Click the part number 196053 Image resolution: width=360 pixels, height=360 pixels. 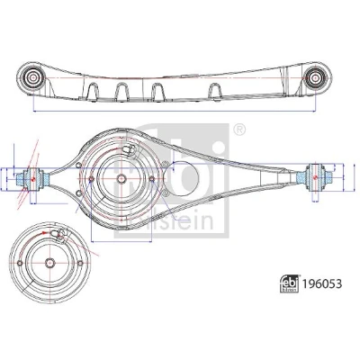(x=322, y=283)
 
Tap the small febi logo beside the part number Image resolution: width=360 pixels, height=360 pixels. (x=290, y=283)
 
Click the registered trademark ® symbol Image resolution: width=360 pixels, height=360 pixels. (x=239, y=130)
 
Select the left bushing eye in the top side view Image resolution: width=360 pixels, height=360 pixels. (x=31, y=78)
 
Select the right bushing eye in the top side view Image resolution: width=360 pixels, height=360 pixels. (x=315, y=77)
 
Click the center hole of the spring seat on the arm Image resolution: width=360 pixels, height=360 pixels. (x=121, y=179)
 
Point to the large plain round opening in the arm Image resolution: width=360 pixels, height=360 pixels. (x=185, y=179)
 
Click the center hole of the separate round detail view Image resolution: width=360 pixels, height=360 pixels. (x=50, y=263)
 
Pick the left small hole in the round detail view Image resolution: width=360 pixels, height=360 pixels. (x=20, y=263)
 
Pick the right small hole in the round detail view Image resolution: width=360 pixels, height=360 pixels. (x=80, y=263)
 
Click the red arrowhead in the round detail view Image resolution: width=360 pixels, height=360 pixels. (x=44, y=232)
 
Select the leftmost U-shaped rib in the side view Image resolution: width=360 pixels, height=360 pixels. (x=94, y=90)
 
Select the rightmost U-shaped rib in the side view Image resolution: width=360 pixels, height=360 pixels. (x=216, y=91)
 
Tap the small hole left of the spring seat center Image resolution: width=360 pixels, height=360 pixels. (x=92, y=179)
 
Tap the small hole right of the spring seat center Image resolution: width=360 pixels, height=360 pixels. (x=152, y=179)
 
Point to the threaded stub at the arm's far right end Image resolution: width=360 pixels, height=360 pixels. (x=328, y=177)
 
